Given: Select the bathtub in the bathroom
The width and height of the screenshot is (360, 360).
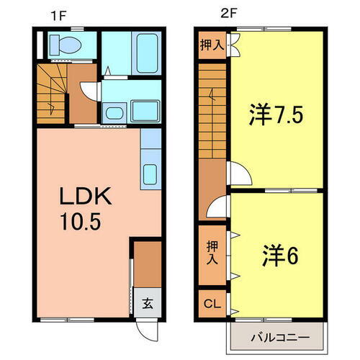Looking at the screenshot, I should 147,52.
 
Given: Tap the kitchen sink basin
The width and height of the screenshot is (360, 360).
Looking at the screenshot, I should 152,174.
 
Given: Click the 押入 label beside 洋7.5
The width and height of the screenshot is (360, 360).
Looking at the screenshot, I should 211,45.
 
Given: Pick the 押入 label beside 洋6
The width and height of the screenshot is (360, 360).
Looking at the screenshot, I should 211,252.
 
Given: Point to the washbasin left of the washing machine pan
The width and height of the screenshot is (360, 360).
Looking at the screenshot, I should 114,111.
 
